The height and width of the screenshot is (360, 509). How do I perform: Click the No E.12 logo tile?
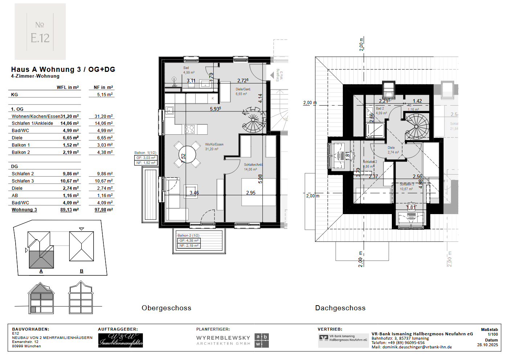coord(40,32)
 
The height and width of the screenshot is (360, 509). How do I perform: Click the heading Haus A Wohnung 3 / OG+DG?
coord(63,69)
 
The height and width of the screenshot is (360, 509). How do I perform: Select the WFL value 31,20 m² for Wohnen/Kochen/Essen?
coord(70,116)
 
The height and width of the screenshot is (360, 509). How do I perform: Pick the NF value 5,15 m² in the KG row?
coord(104,94)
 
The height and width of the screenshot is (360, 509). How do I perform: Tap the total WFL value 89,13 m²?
coord(69,210)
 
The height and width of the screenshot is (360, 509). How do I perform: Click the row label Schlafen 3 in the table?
coord(22,181)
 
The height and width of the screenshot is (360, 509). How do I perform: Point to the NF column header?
coord(103,87)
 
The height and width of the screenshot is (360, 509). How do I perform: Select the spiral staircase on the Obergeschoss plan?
coord(254,120)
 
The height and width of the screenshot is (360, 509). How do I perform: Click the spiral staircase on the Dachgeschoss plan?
coord(417,126)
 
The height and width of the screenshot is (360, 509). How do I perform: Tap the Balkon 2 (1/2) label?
coord(188,235)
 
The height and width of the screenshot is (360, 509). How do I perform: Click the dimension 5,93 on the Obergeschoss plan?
coord(215,109)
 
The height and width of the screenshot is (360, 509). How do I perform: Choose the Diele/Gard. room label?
coord(243,89)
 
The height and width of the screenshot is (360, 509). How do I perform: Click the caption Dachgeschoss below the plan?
coord(340,308)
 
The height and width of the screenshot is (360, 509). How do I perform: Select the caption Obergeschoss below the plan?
coord(166,308)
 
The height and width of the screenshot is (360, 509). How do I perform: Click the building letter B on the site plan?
coord(82,271)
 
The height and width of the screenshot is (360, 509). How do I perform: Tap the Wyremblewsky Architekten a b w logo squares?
coord(262,340)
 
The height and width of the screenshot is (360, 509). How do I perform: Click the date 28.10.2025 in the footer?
coord(487,345)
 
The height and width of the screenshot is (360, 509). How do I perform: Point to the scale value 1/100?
coord(492,335)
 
